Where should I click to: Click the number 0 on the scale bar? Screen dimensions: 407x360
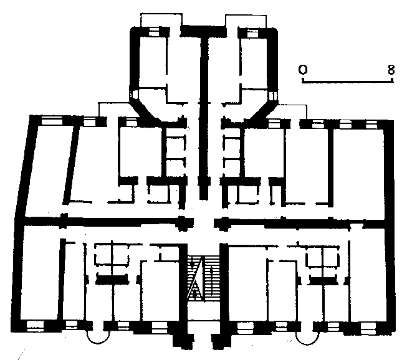(x=303, y=70)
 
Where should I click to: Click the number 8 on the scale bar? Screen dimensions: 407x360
(x=391, y=70)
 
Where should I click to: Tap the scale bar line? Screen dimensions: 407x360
(x=348, y=82)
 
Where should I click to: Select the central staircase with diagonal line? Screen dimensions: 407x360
(x=203, y=278)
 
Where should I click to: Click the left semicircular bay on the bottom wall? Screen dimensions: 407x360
(x=98, y=343)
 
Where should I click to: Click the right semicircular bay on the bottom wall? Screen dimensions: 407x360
(x=307, y=344)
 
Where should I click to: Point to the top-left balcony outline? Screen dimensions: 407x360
(x=161, y=14)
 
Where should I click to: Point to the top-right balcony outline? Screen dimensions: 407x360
(x=246, y=16)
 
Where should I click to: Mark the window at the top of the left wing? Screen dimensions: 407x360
(x=153, y=32)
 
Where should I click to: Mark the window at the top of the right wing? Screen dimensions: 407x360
(x=252, y=34)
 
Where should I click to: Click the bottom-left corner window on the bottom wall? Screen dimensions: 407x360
(x=36, y=326)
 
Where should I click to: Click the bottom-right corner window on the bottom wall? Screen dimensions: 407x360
(x=368, y=328)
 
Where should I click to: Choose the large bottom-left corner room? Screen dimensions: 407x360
(x=39, y=272)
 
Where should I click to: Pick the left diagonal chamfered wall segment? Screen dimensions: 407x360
(x=145, y=110)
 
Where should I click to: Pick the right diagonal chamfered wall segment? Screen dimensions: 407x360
(x=261, y=111)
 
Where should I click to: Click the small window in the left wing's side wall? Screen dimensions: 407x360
(x=135, y=94)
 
